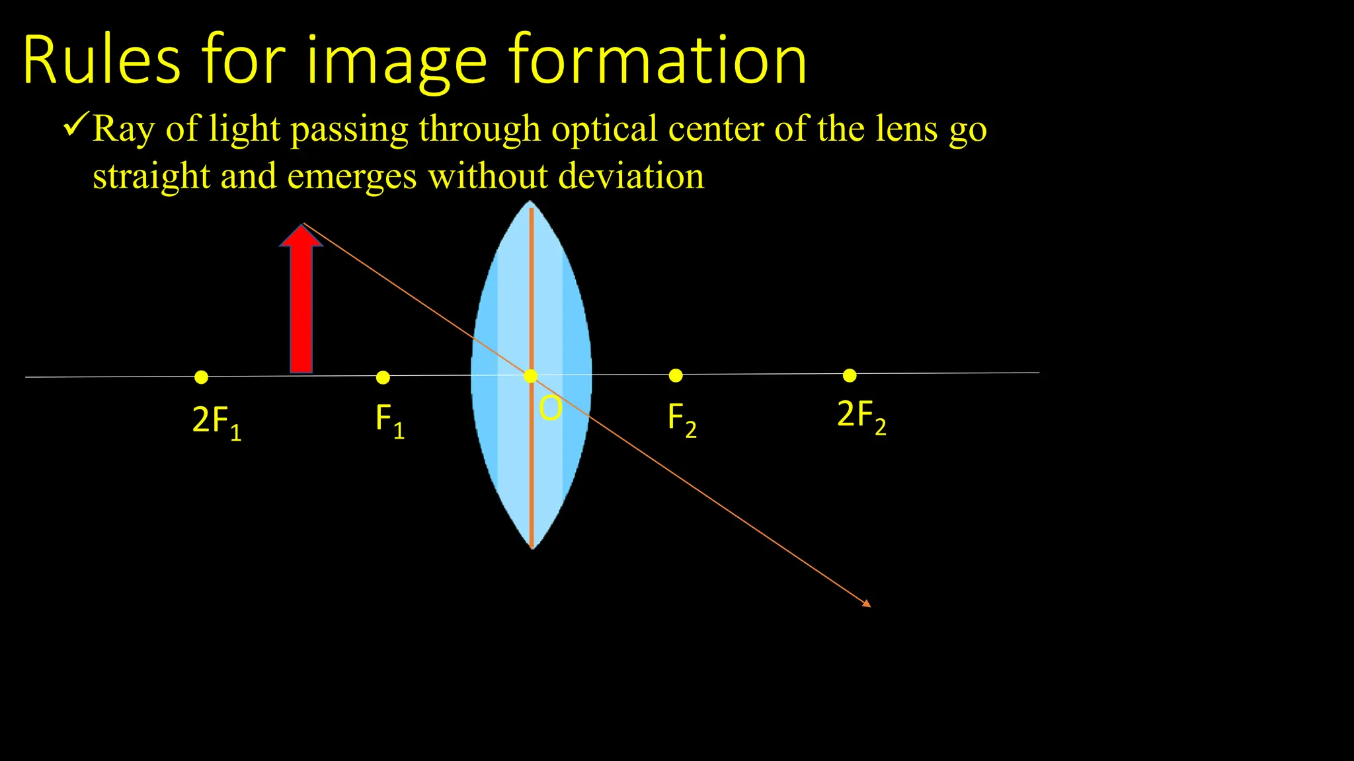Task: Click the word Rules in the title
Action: [x=101, y=61]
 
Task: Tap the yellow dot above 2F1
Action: [x=202, y=377]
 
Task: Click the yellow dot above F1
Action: [x=383, y=377]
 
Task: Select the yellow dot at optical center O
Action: [x=530, y=376]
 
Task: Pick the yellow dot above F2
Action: [x=676, y=375]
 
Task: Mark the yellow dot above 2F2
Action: [x=850, y=375]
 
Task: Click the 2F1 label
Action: [x=216, y=421]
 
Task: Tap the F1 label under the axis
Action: [x=389, y=420]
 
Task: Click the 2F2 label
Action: [x=861, y=416]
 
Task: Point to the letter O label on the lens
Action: [x=550, y=408]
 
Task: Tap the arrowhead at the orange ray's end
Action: [x=867, y=603]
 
